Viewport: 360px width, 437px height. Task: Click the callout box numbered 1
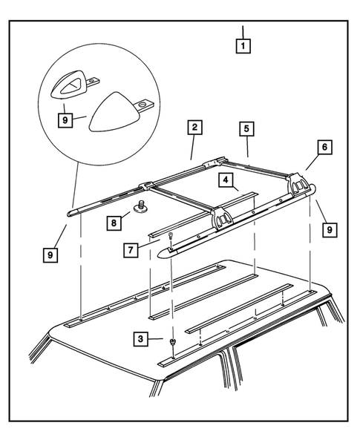coord(243,45)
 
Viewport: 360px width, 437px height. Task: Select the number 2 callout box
coord(194,127)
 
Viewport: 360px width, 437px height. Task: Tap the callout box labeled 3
coord(140,338)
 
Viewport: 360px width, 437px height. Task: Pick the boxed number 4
coord(226,180)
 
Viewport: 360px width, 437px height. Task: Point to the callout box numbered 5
coord(246,129)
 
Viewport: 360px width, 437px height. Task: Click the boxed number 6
coord(324,147)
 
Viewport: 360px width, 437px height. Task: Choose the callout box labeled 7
coord(131,250)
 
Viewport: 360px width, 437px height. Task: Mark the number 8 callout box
coord(114,223)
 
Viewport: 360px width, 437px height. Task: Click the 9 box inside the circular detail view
coord(65,120)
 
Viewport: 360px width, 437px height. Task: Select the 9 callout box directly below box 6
coord(330,230)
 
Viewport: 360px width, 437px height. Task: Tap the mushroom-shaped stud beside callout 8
coord(141,206)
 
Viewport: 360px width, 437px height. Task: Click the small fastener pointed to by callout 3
coord(173,342)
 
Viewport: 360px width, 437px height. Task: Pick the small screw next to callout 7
coord(171,235)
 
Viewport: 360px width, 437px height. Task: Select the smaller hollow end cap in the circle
coord(67,85)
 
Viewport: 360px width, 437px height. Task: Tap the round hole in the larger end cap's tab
coord(142,105)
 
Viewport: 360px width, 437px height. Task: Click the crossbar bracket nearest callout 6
coord(298,183)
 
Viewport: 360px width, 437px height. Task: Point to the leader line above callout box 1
coord(243,32)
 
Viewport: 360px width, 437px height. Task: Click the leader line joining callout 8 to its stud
coord(125,216)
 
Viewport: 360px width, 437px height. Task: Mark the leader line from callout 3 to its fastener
coord(155,339)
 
